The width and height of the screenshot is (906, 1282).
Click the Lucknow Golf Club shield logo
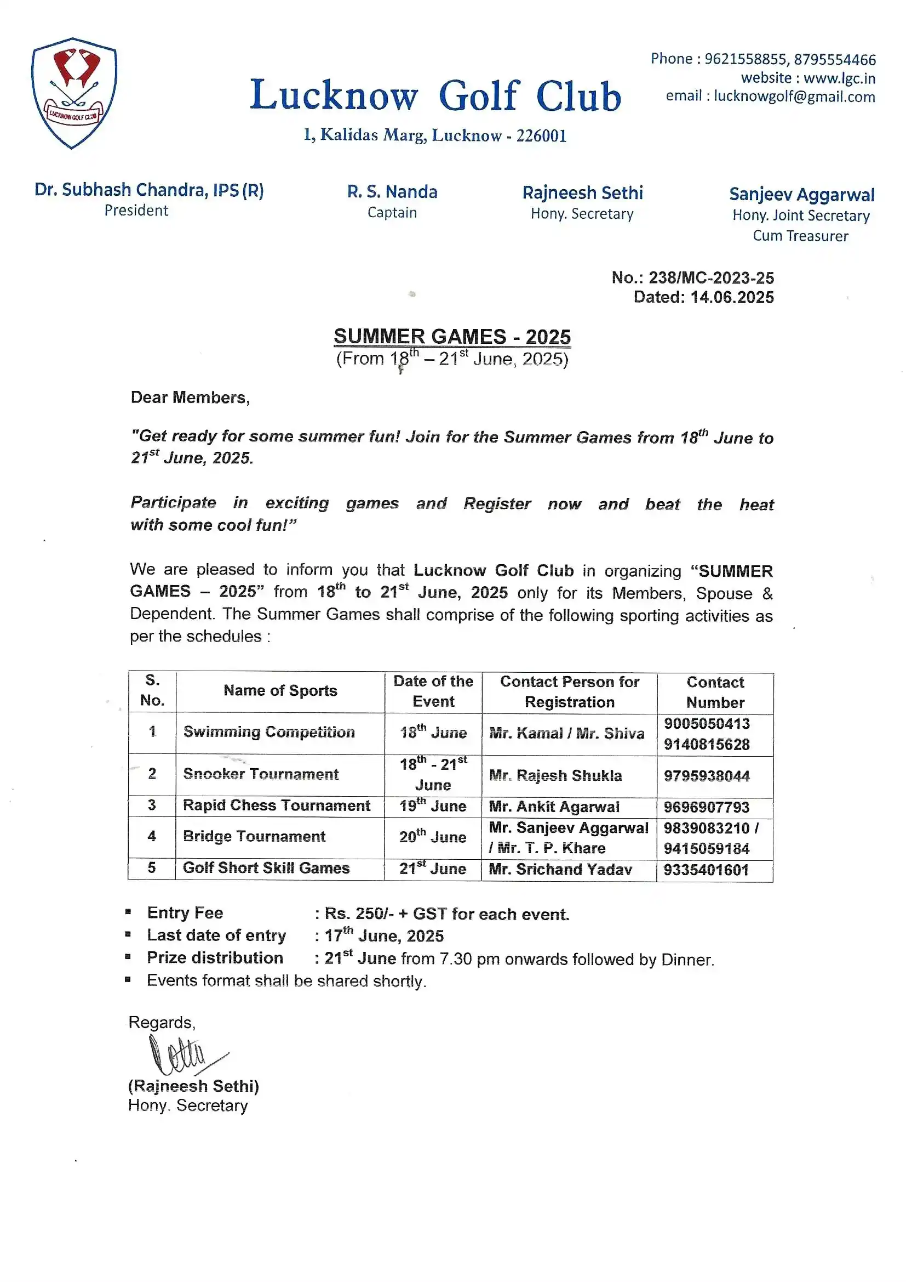73,93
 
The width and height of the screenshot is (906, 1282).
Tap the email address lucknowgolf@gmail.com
794,97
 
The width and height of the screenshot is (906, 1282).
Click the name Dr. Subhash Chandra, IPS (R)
149,190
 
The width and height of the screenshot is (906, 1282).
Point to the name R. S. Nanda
392,192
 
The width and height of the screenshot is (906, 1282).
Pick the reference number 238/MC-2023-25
711,277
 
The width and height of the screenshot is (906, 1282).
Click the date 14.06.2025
731,297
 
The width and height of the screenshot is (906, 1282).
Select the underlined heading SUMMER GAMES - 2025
452,337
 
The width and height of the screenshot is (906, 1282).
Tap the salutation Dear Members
190,398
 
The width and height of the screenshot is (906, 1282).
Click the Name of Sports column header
280,691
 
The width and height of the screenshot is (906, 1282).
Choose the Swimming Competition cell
269,732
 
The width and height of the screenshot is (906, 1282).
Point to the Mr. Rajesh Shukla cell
555,775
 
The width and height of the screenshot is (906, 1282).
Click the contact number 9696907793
706,807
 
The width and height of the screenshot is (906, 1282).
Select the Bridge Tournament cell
254,836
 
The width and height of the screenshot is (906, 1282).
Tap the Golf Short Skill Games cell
266,868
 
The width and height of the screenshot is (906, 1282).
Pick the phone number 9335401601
706,870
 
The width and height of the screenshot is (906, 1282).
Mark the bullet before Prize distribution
128,956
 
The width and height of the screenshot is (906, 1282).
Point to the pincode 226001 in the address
541,135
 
